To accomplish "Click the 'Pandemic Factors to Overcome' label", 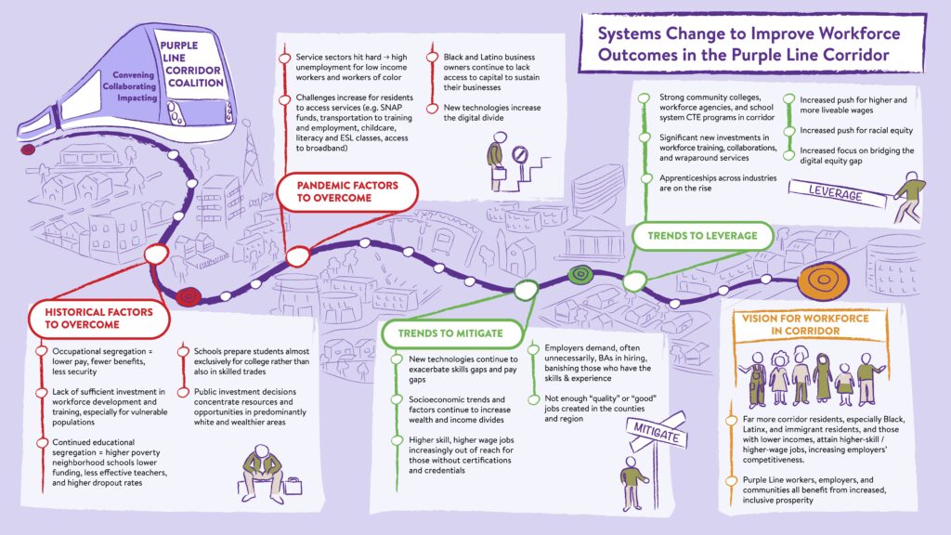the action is pyautogui.click(x=347, y=191).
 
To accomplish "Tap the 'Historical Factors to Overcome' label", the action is pyautogui.click(x=98, y=319).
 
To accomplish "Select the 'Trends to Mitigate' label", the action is pyautogui.click(x=450, y=333).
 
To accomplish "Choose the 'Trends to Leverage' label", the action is pyautogui.click(x=702, y=235).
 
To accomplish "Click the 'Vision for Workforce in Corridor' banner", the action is pyautogui.click(x=805, y=324).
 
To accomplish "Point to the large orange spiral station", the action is pyautogui.click(x=823, y=281).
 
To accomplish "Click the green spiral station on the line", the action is pyautogui.click(x=580, y=275).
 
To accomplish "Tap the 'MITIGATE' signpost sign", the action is pyautogui.click(x=657, y=433).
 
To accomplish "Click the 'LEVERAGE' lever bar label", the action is pyautogui.click(x=836, y=193).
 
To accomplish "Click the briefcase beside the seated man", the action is pyautogui.click(x=293, y=486).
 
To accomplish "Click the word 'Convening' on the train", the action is pyautogui.click(x=134, y=75).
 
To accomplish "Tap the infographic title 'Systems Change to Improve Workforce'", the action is pyautogui.click(x=749, y=33).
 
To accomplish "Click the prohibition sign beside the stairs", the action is pyautogui.click(x=520, y=155).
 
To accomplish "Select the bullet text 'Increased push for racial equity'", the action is pyautogui.click(x=855, y=130).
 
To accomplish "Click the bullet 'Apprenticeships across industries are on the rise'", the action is pyautogui.click(x=718, y=183).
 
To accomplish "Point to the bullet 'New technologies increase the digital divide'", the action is pyautogui.click(x=492, y=112).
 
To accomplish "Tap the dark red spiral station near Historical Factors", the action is pyautogui.click(x=189, y=296).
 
